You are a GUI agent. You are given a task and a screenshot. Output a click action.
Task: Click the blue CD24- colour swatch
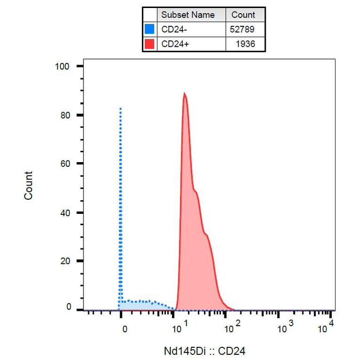pos(149,29)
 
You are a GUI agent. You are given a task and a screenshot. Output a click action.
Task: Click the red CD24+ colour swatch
pos(149,44)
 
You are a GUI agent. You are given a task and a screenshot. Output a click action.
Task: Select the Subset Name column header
pos(188,15)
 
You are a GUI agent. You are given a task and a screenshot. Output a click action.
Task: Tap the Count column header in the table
pos(243,15)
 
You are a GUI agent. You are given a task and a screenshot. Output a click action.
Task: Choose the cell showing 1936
pos(245,44)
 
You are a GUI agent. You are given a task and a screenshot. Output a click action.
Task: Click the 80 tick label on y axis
pos(65,115)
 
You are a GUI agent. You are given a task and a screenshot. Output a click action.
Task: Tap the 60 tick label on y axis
pos(65,164)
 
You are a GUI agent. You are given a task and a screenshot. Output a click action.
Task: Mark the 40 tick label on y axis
pos(65,213)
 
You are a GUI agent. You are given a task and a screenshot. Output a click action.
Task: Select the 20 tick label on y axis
pos(65,261)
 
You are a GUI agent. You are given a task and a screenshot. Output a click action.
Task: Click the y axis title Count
pos(29,186)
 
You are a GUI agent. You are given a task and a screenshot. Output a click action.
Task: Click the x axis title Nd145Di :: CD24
pos(205,351)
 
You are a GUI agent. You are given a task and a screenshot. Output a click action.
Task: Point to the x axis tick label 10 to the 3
pos(285,327)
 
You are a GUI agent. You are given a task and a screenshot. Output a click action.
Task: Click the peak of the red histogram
pos(184,93)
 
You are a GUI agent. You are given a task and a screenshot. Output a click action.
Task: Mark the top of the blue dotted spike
pos(121,108)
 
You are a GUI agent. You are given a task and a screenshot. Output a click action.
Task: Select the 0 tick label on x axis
pos(124,329)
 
